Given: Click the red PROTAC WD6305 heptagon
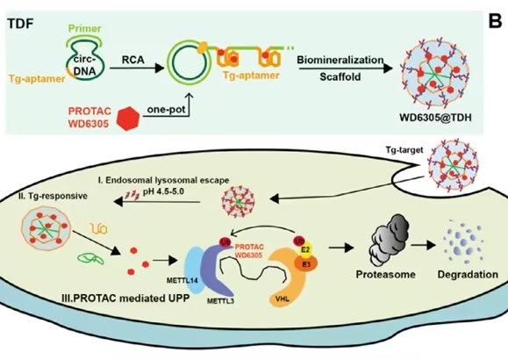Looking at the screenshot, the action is coord(128,119).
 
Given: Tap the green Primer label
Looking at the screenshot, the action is coord(84,29).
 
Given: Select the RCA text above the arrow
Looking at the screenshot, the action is coord(133,60).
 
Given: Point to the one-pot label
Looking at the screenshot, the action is coord(166,109).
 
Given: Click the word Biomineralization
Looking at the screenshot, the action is coord(340,60).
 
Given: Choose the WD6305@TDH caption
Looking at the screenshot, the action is coord(436,118).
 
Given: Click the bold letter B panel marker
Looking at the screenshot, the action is coord(495,21).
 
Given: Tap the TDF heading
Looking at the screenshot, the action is coord(20,24).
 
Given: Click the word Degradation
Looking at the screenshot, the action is coord(468,274).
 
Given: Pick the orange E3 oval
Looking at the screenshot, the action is coord(306,264).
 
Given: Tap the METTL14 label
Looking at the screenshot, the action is coord(182,280).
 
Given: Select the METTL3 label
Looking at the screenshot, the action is coord(220,301).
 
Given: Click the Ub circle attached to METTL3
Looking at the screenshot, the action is coord(225,242).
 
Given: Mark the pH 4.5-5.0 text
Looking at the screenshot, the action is coord(163,191).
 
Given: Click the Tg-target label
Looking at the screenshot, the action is coord(404,150).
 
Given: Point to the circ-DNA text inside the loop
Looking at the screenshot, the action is coord(84,65).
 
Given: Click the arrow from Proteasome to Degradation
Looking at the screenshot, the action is coord(423,246).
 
